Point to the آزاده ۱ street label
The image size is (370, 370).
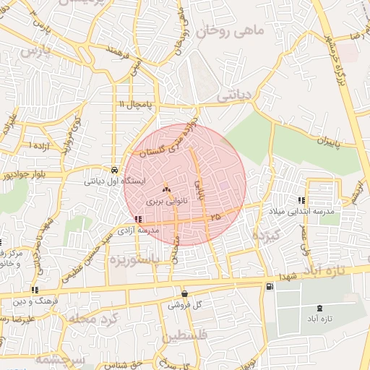point(40,145)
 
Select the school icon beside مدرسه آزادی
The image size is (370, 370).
point(137,219)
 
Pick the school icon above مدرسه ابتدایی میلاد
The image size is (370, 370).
point(300,200)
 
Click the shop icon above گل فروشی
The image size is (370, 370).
point(184,293)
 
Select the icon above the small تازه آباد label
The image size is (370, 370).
point(300,309)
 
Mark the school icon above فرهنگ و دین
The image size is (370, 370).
point(34,290)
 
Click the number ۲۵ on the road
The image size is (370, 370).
point(214,216)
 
